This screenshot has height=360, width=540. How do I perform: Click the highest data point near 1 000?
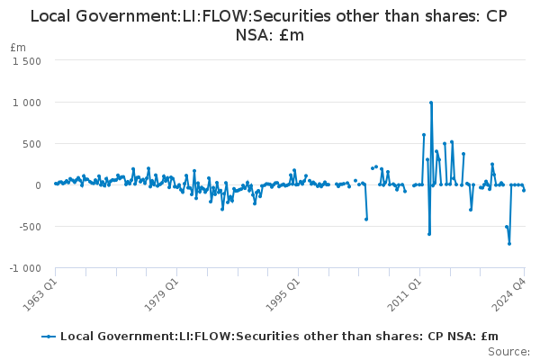431,103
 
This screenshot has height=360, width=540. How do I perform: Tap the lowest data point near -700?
509,244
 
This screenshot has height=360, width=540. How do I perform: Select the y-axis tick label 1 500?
27,61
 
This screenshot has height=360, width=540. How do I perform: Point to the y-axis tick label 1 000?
27,103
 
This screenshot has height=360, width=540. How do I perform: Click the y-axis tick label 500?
32,144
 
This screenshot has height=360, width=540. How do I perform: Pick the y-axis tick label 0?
38,185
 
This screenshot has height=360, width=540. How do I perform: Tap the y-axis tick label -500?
30,227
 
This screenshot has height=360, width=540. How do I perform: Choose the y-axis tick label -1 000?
25,268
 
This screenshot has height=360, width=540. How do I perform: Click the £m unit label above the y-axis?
18,48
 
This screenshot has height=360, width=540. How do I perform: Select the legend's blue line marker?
49,337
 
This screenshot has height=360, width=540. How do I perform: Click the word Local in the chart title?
50,16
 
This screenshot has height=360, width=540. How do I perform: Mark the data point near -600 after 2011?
429,234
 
